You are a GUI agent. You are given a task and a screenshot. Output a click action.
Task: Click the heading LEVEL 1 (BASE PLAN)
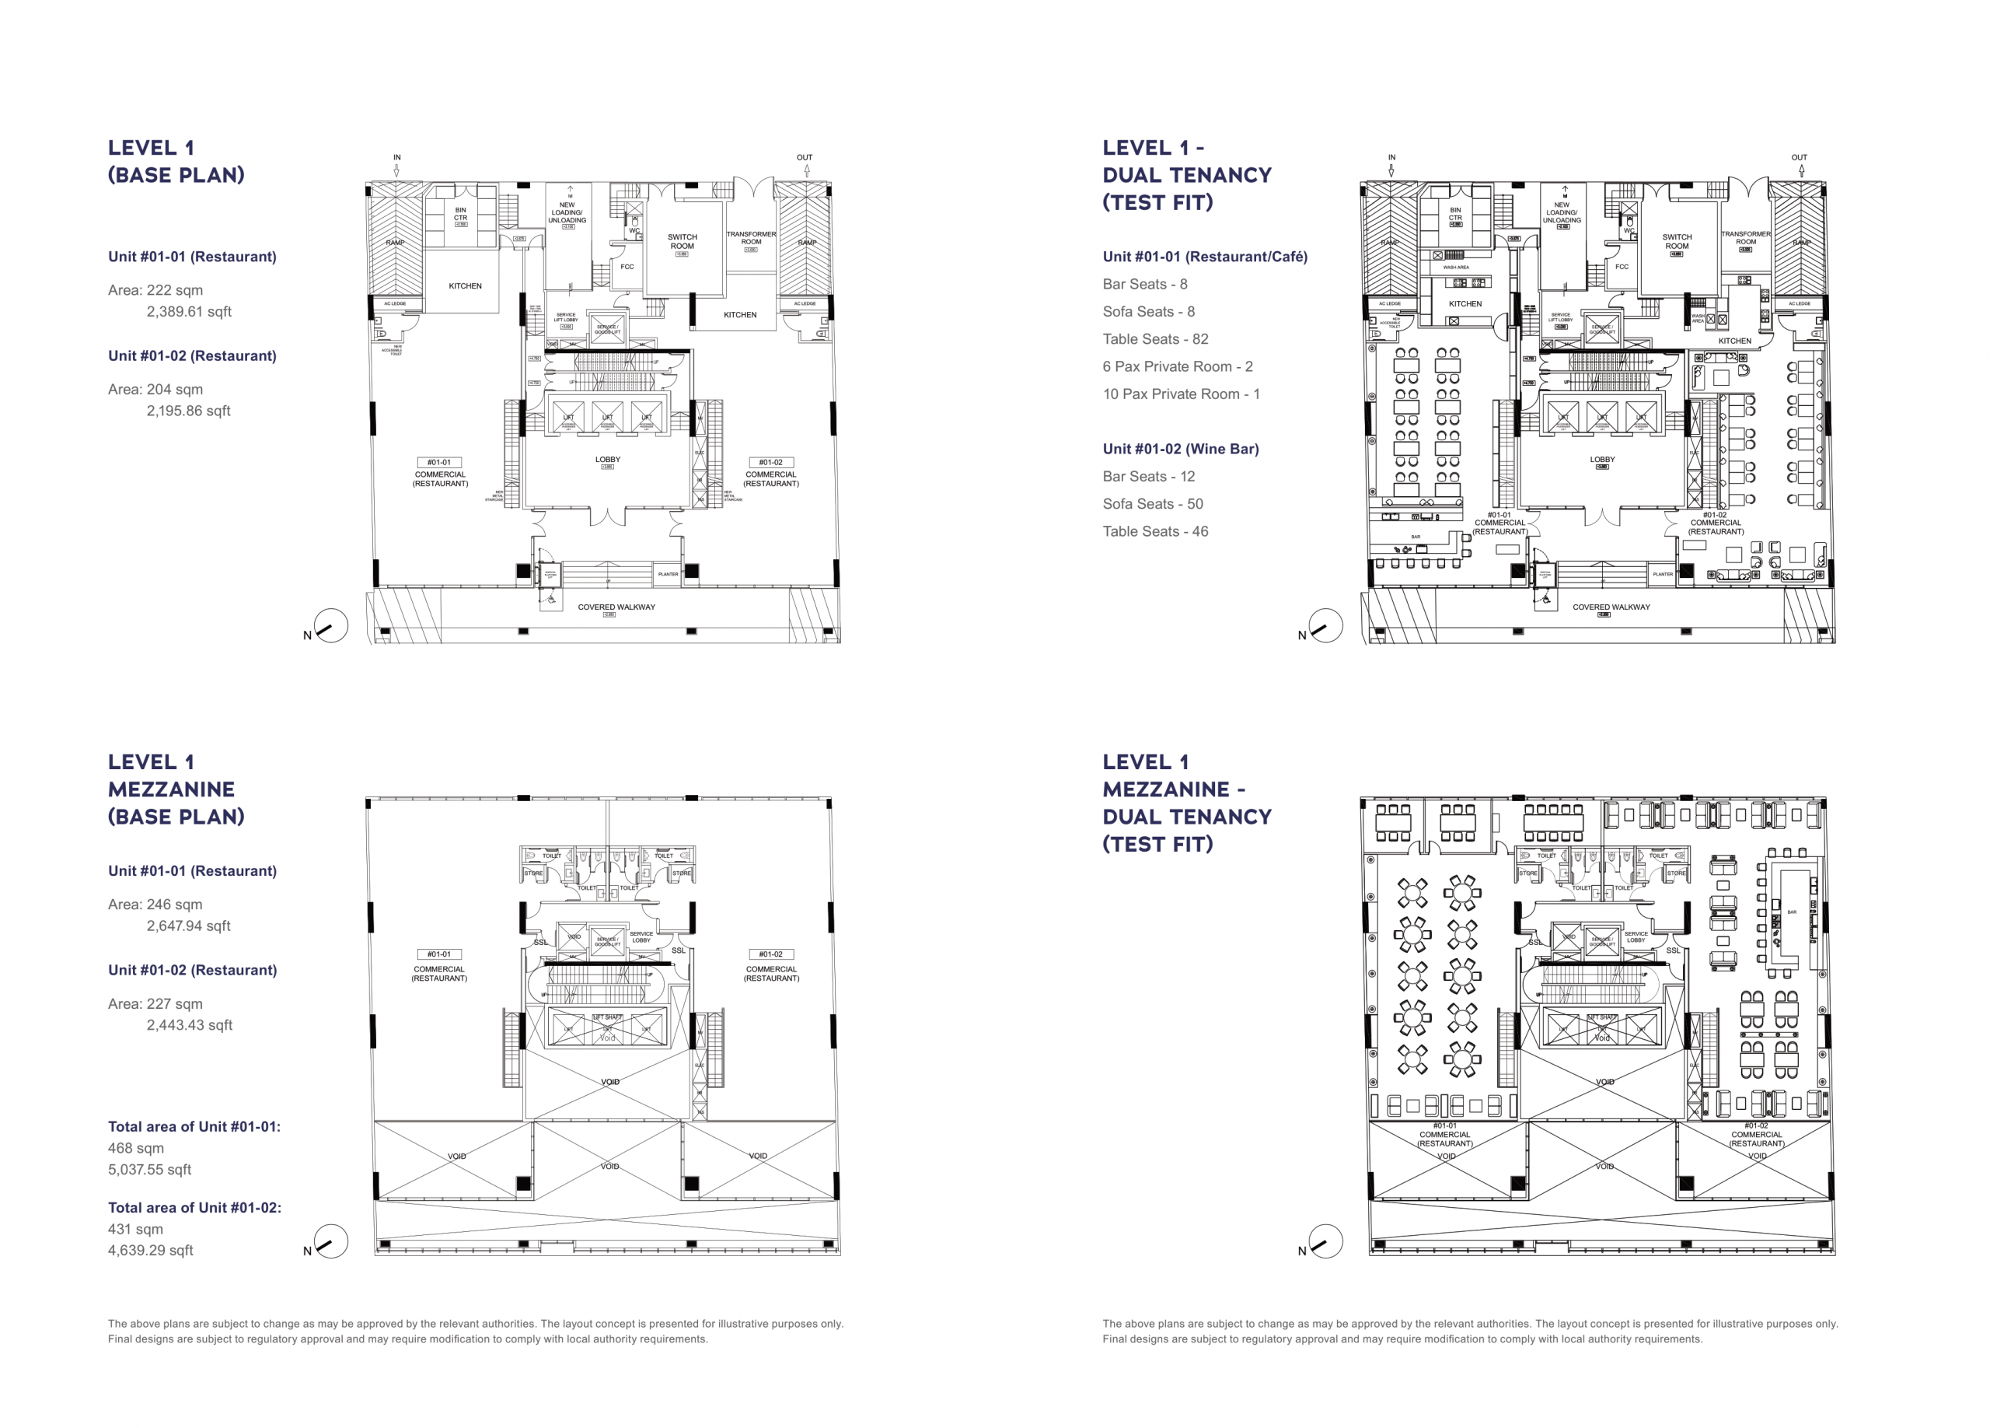coord(176,162)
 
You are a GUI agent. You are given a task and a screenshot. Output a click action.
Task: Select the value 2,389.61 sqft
coord(189,312)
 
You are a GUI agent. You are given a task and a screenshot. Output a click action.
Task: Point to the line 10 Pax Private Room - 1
coord(1181,394)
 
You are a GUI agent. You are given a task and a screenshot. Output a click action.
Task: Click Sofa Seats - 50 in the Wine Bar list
coord(1152,504)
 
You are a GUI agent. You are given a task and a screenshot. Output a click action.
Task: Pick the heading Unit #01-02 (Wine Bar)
coord(1180,449)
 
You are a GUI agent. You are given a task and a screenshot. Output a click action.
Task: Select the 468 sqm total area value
coord(136,1148)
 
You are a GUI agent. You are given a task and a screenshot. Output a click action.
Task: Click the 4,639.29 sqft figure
coord(150,1250)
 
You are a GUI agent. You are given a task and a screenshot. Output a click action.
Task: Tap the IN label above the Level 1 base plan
coord(396,158)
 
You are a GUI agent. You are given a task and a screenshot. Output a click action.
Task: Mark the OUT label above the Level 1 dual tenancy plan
coord(1799,158)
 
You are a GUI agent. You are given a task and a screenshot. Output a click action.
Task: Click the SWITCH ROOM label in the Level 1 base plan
coord(682,241)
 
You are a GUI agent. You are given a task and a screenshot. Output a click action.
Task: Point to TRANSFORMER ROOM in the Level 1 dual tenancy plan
coord(1745,238)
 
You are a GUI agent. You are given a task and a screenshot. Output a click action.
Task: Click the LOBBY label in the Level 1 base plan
coord(607,459)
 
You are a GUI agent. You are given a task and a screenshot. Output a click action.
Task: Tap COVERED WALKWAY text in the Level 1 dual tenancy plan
coord(1611,607)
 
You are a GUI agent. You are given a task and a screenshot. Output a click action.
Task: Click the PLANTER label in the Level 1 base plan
coord(668,574)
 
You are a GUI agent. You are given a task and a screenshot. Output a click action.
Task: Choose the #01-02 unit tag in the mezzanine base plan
coord(770,954)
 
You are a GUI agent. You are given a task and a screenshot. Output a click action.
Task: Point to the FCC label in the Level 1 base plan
coord(627,267)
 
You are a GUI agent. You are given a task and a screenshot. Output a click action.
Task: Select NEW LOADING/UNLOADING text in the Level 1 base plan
coord(567,212)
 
